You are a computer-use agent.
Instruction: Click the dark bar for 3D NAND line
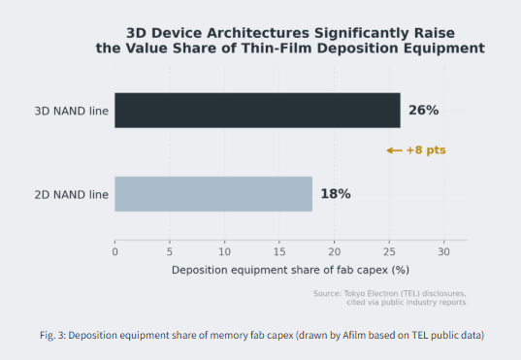(x=257, y=111)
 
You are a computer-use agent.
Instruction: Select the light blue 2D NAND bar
(x=213, y=194)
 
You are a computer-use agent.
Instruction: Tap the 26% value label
(x=423, y=111)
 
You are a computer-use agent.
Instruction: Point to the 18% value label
(x=336, y=194)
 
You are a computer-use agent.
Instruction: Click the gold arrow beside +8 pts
(x=395, y=150)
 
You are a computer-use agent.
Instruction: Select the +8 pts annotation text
(x=426, y=150)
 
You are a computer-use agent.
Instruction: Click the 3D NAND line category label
(x=72, y=111)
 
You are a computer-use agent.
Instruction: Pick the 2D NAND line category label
(x=72, y=195)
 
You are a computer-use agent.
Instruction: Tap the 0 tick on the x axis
(x=114, y=252)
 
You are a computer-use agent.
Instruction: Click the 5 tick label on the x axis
(x=170, y=252)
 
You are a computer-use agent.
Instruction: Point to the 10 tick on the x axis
(x=225, y=252)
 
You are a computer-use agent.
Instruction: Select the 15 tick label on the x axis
(x=279, y=252)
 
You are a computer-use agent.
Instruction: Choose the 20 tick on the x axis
(x=335, y=252)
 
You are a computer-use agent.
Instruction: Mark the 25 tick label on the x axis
(x=389, y=252)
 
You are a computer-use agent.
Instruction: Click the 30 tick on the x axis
(x=444, y=252)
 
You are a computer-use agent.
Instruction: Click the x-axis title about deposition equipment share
(x=290, y=270)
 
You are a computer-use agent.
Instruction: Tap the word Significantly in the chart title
(x=362, y=34)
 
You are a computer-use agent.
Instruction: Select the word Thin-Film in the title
(x=277, y=49)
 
